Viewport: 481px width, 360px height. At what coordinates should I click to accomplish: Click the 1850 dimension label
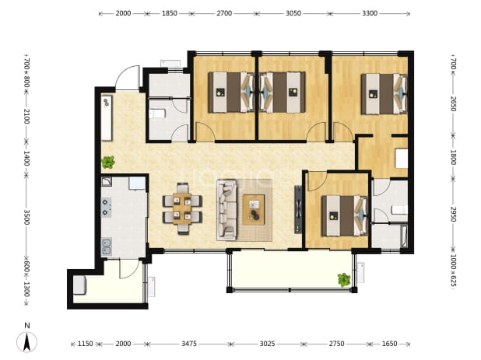[x=170, y=13]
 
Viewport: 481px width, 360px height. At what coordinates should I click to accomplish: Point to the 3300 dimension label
[x=370, y=13]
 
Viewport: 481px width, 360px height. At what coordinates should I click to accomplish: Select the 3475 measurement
[x=189, y=344]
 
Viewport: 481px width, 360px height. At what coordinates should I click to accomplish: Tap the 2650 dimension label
[x=454, y=103]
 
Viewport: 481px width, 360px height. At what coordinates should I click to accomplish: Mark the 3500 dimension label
[x=26, y=217]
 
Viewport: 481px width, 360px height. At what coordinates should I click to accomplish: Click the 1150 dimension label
[x=85, y=344]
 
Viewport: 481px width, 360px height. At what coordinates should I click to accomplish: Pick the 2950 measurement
[x=454, y=214]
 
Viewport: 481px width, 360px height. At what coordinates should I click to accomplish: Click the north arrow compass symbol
[x=27, y=342]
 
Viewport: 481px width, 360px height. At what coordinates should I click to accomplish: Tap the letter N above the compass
[x=27, y=326]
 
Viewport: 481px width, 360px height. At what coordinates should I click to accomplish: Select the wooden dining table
[x=182, y=208]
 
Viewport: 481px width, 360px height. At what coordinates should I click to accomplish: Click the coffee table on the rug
[x=254, y=210]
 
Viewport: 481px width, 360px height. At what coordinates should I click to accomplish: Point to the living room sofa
[x=227, y=210]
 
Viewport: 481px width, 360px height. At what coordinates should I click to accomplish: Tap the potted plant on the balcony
[x=344, y=280]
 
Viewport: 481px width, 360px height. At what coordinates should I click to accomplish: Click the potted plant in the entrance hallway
[x=108, y=162]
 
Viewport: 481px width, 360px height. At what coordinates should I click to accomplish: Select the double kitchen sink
[x=107, y=247]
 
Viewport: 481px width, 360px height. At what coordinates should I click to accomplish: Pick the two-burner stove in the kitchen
[x=106, y=207]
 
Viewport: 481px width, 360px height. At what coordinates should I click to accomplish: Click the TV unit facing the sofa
[x=298, y=210]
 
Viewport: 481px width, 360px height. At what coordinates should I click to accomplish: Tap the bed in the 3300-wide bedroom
[x=384, y=94]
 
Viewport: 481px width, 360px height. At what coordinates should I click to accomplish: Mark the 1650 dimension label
[x=389, y=344]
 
